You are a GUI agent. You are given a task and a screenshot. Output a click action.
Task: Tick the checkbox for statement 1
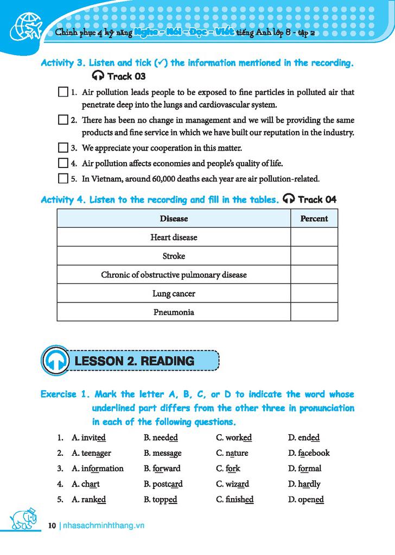click(x=62, y=93)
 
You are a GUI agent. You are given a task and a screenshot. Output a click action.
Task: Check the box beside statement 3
click(x=62, y=148)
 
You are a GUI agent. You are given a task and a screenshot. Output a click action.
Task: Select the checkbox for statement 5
click(x=62, y=178)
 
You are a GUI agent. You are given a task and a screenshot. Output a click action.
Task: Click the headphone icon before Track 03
click(x=98, y=76)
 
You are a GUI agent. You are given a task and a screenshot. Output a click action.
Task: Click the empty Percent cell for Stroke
click(x=314, y=256)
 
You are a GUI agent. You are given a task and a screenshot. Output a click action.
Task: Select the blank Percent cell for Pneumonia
click(x=314, y=312)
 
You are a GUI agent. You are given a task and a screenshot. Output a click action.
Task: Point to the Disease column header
click(x=174, y=218)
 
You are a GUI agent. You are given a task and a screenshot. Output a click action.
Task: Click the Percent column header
click(x=314, y=218)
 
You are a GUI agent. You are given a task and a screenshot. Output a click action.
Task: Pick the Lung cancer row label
click(x=174, y=294)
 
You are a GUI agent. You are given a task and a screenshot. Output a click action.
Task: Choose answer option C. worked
click(x=234, y=437)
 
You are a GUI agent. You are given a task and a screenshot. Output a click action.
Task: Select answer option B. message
click(x=163, y=453)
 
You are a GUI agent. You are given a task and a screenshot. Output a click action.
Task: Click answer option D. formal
click(x=305, y=468)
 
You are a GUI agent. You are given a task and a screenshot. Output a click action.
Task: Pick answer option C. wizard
click(x=233, y=484)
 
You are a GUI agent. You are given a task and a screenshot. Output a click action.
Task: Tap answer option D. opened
click(x=306, y=500)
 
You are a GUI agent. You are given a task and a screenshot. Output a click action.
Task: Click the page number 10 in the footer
click(x=52, y=525)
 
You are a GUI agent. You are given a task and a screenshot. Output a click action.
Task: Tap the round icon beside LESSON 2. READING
click(x=55, y=360)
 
